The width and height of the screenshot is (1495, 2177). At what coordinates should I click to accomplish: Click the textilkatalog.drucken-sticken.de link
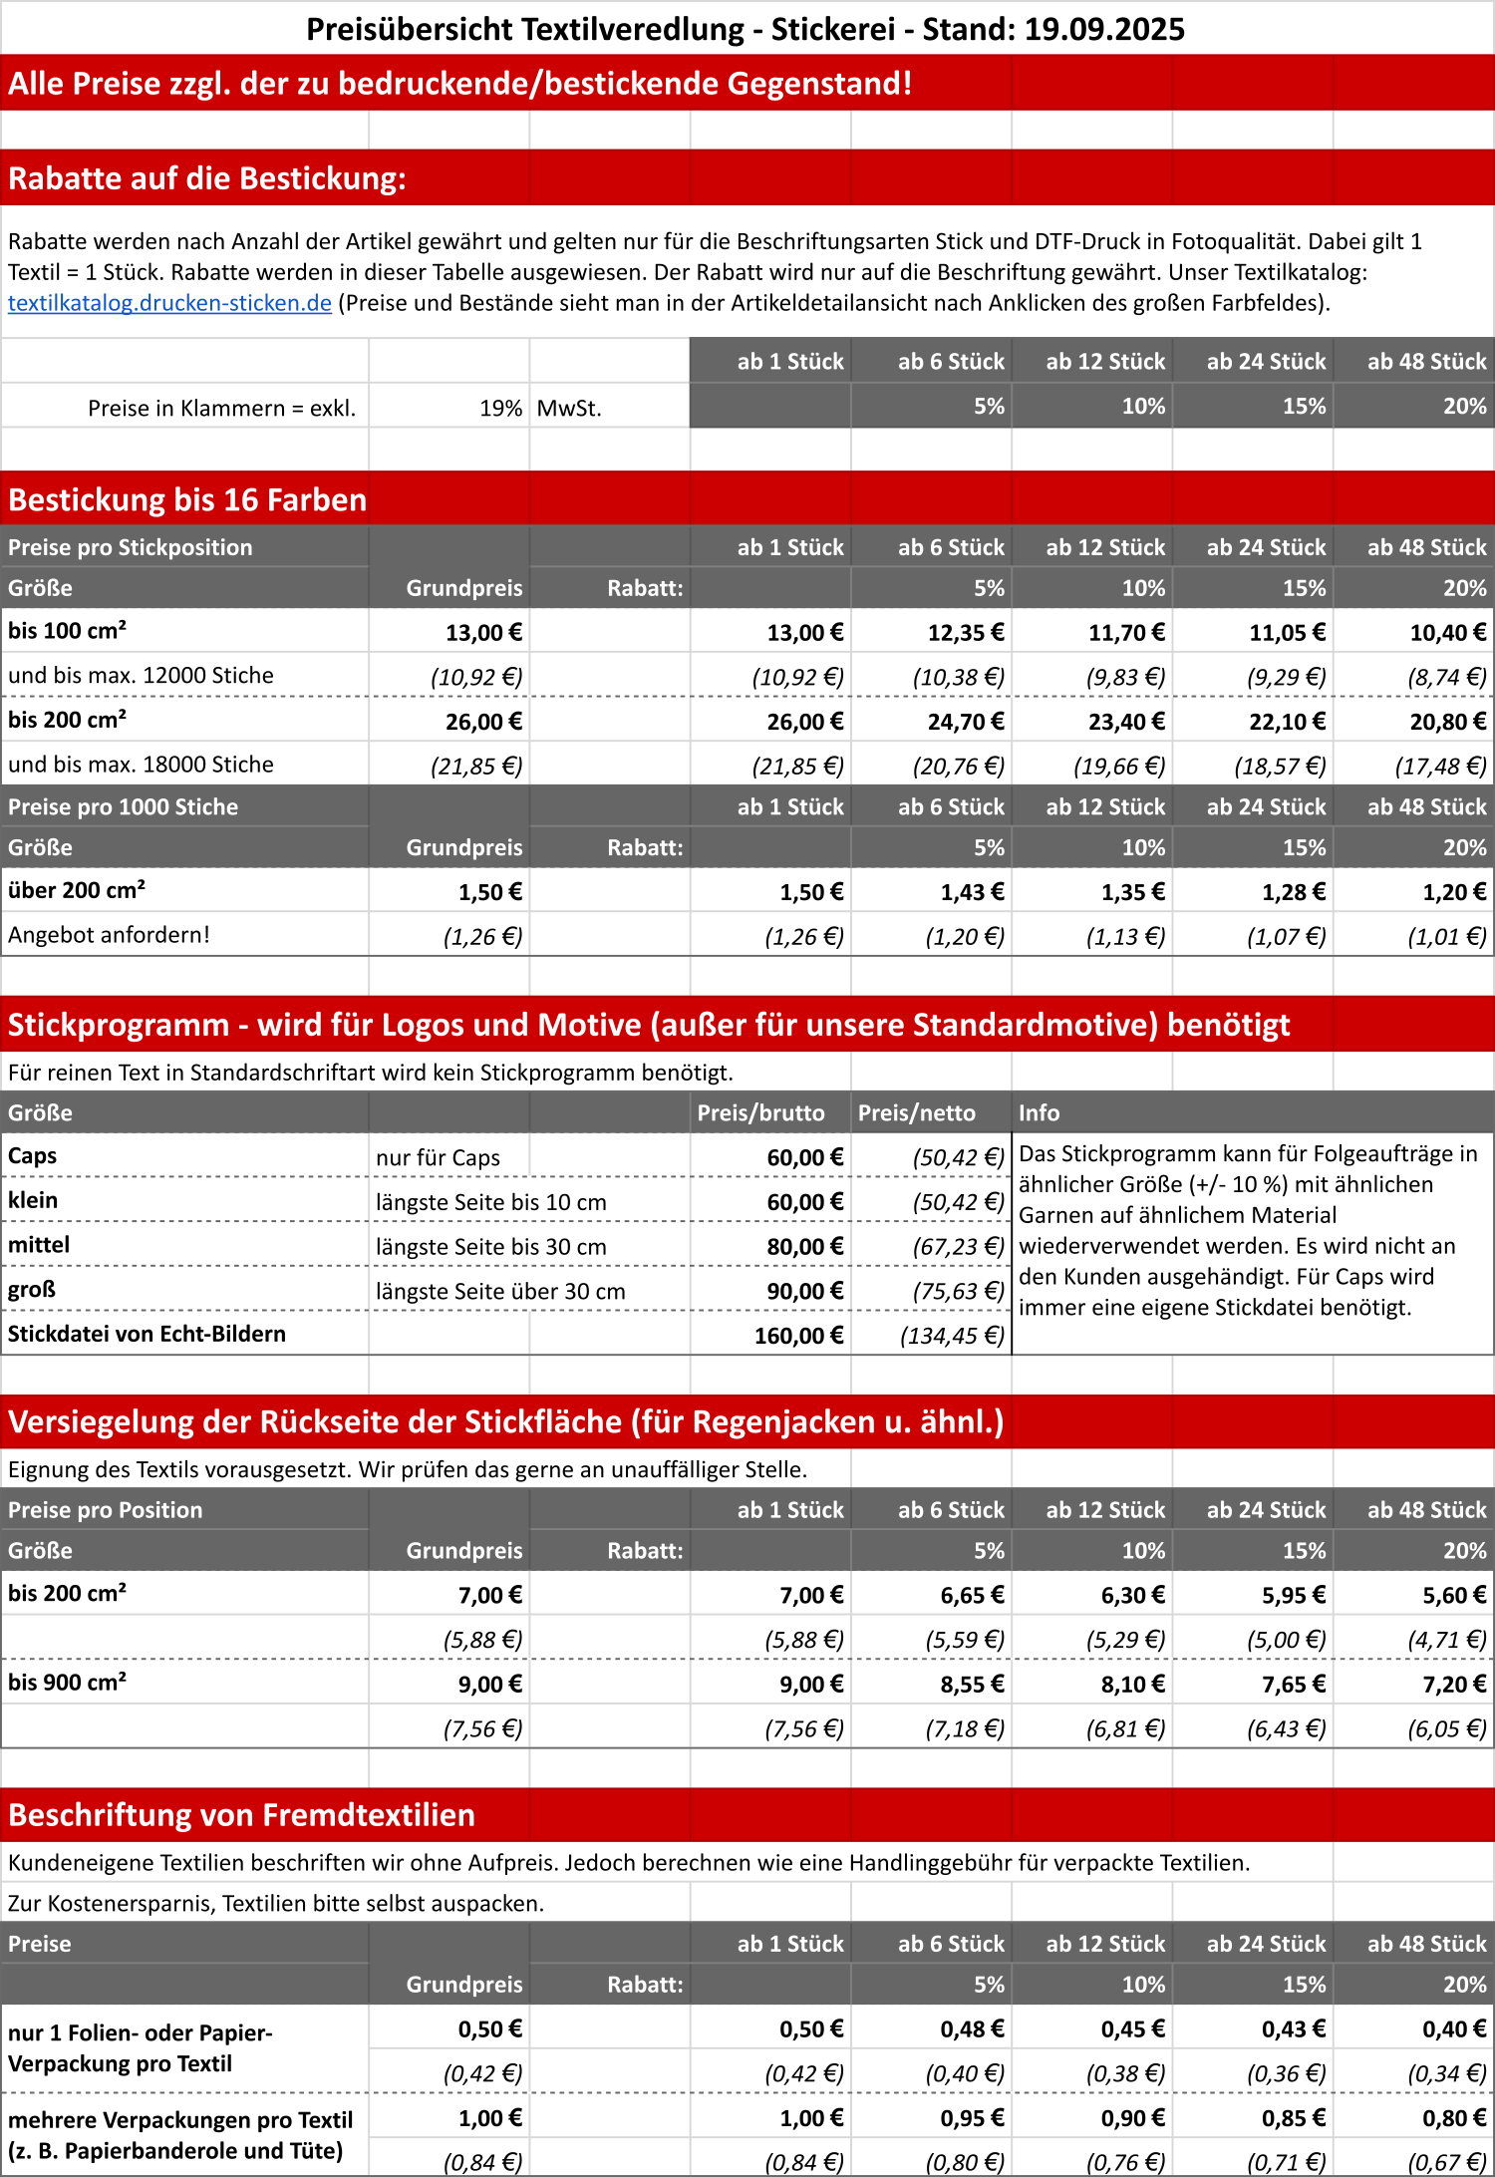click(x=169, y=303)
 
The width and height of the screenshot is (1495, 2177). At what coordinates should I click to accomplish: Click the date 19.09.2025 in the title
click(x=1104, y=29)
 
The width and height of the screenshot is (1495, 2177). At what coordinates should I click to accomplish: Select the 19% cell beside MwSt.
click(x=500, y=408)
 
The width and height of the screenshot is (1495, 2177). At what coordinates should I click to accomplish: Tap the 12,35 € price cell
click(x=965, y=632)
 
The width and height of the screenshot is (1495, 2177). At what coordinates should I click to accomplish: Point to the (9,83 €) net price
click(x=1125, y=677)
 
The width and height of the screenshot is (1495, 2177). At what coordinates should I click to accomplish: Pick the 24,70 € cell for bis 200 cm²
click(x=965, y=721)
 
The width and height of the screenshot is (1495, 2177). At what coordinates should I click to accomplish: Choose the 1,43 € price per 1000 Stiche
click(x=972, y=892)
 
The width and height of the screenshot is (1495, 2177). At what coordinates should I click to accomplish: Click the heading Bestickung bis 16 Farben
click(x=187, y=499)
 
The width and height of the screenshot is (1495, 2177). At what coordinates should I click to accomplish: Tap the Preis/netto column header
click(x=916, y=1112)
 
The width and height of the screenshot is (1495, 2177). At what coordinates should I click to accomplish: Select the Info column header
click(x=1039, y=1112)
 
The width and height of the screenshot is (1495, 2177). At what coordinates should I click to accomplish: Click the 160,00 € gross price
click(x=798, y=1336)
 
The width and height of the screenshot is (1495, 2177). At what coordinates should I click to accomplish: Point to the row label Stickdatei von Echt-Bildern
click(x=147, y=1334)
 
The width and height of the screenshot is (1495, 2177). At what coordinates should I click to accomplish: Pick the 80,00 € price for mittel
click(x=804, y=1247)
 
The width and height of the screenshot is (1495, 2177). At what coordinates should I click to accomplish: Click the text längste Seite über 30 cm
click(x=500, y=1291)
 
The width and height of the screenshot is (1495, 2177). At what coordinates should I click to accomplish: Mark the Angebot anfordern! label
click(x=109, y=935)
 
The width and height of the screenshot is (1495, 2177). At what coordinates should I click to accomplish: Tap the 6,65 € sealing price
click(x=972, y=1595)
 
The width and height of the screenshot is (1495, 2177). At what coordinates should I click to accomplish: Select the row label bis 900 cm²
click(x=67, y=1683)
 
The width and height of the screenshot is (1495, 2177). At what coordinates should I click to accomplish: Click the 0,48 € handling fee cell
click(x=972, y=2028)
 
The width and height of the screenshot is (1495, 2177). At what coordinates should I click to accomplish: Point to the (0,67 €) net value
click(x=1446, y=2162)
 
